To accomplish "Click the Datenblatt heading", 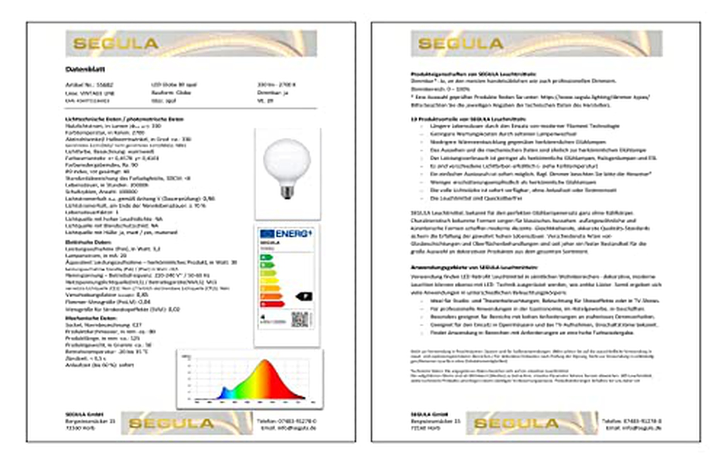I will click(x=85, y=69).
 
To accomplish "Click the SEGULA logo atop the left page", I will click(x=116, y=44).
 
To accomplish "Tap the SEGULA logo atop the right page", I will click(x=461, y=44).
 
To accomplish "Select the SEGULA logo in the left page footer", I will click(x=171, y=423).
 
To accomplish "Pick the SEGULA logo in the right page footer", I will click(x=516, y=423).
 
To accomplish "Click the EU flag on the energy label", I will click(x=267, y=234).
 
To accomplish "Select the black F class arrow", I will click(x=304, y=297).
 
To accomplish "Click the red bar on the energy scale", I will click(x=272, y=304).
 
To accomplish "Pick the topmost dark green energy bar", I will click(x=266, y=258).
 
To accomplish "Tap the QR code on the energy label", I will click(x=300, y=319).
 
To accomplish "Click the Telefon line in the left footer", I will click(x=286, y=421).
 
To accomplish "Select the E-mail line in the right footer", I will click(x=633, y=428).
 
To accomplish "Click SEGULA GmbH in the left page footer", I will click(x=84, y=414).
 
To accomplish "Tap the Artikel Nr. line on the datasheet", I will click(x=89, y=85).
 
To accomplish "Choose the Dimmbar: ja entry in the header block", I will click(x=273, y=93).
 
